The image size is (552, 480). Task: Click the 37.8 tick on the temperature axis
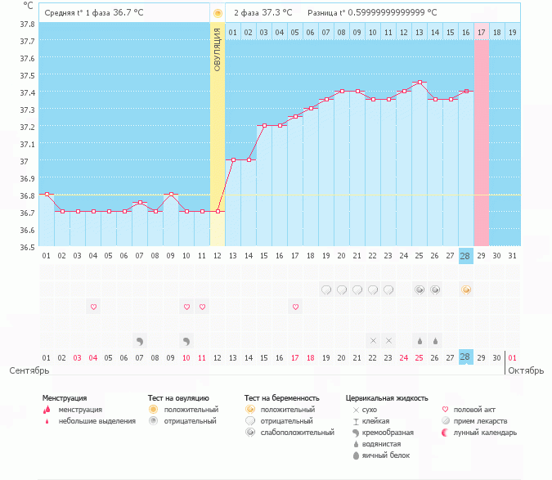27,23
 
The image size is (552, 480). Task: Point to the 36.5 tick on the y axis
27,246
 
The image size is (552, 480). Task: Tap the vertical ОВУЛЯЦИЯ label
218,49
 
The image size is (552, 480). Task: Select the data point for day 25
420,82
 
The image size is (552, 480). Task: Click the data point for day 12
218,211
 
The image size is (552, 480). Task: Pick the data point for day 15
264,126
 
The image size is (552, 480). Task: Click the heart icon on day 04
93,307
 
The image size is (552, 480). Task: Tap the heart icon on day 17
295,307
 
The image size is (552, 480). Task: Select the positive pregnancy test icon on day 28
466,289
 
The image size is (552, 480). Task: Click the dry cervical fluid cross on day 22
373,340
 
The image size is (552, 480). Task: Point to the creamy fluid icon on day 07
140,340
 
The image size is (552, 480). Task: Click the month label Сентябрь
29,370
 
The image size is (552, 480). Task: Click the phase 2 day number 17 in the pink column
481,32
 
